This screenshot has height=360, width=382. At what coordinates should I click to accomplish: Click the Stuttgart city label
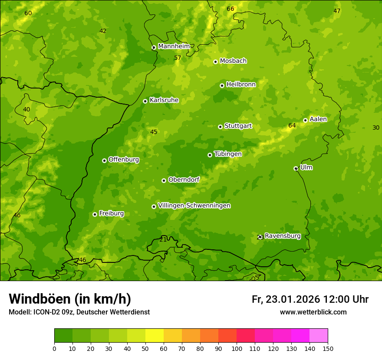point(238,126)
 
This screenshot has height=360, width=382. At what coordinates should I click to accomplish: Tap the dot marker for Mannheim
point(154,48)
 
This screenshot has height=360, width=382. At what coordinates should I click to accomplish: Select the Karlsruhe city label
point(164,100)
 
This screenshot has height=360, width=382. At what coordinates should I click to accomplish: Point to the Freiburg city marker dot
point(95,214)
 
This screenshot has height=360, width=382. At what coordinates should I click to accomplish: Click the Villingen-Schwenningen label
point(194,206)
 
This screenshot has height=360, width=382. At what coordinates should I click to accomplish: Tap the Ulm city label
point(306,167)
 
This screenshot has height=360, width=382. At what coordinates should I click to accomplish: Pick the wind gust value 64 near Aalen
point(292,126)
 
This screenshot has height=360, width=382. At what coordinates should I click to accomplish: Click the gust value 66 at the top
point(231,9)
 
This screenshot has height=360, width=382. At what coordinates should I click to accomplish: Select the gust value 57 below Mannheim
point(178,58)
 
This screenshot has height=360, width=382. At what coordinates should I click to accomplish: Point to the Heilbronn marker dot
point(222,85)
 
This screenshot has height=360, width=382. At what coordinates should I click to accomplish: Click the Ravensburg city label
point(283,236)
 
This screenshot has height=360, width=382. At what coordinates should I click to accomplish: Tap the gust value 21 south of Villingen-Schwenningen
point(163,239)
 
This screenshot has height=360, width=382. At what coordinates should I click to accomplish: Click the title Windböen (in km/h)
point(70,299)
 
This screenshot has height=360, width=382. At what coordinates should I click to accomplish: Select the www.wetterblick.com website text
point(313,312)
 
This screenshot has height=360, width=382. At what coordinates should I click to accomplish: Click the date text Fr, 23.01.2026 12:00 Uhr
point(310,299)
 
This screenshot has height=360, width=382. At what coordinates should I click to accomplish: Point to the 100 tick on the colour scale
point(237,348)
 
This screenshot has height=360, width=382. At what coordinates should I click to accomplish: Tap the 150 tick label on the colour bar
point(328,348)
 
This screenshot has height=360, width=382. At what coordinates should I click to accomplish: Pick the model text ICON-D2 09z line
point(79,312)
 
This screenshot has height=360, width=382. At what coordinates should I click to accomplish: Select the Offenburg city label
point(124,160)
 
